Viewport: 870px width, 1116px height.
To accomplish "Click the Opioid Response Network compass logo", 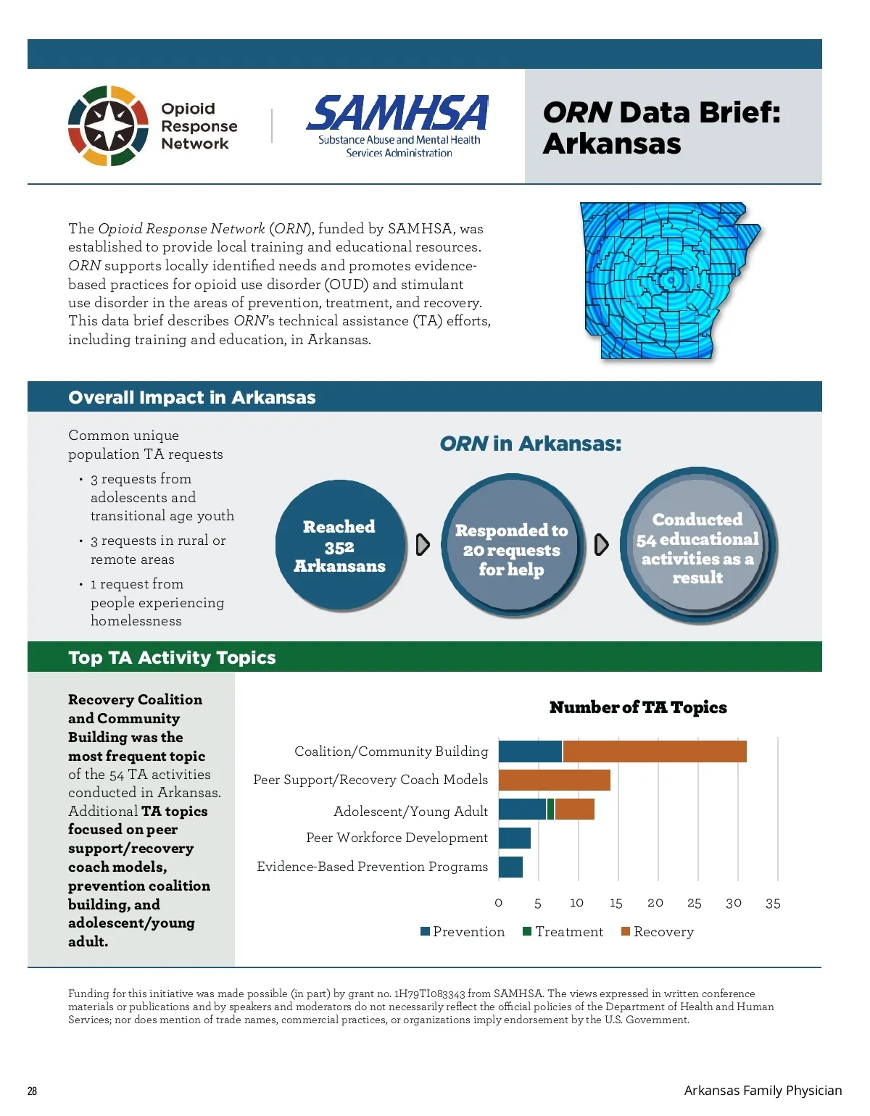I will [108, 125].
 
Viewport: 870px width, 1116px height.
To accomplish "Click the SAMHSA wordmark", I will [398, 114].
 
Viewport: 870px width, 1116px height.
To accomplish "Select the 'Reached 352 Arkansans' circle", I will [339, 546].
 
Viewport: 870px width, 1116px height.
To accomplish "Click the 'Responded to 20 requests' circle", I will [512, 549].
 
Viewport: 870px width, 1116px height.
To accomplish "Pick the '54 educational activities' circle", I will [697, 547].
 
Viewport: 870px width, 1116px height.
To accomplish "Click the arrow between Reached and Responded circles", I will [423, 545].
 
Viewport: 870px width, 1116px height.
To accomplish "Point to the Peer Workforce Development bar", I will [515, 838].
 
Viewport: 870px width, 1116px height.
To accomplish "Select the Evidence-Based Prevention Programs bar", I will [510, 867].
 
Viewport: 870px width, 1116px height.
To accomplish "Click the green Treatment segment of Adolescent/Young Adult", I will [551, 809].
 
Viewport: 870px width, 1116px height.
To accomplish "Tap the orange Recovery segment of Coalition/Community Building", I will [654, 751].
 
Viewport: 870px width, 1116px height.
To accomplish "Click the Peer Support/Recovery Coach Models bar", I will [555, 780].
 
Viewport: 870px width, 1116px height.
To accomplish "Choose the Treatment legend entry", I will [563, 932].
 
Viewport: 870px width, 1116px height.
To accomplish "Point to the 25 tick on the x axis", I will [695, 903].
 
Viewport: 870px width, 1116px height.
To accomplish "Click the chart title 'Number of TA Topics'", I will [638, 707].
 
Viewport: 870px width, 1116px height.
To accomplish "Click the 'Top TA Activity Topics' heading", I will [172, 657].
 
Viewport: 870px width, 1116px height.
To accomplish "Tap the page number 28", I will [33, 1091].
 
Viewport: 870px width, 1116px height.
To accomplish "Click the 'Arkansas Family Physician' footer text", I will [763, 1091].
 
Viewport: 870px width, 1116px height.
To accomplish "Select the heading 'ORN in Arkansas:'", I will [530, 444].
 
